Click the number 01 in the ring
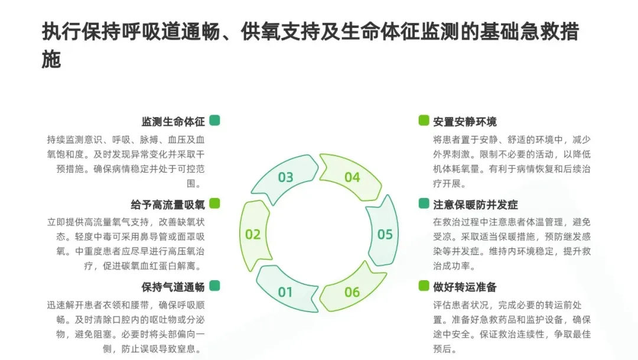click(285, 292)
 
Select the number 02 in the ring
click(253, 235)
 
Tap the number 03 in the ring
click(285, 177)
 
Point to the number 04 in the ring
click(352, 177)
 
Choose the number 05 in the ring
click(385, 235)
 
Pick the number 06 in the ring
click(352, 292)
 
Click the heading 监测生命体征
click(173, 122)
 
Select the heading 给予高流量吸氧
click(168, 205)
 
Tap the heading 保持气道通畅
click(173, 287)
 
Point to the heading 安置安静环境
click(465, 122)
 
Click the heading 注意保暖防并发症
click(476, 205)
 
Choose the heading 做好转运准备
click(465, 287)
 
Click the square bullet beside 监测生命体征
click(214, 121)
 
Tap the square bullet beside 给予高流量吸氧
click(214, 203)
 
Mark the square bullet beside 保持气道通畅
click(214, 286)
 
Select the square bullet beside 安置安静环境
click(424, 121)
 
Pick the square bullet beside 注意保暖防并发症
click(424, 203)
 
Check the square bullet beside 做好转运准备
click(424, 286)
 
